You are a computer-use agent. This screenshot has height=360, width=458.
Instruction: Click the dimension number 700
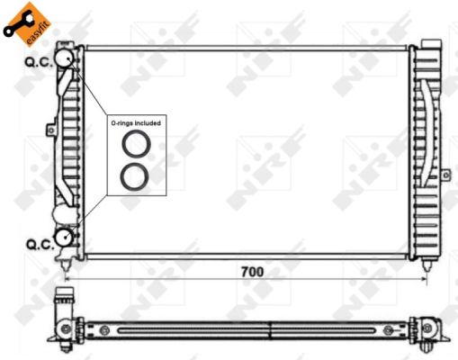coord(253,271)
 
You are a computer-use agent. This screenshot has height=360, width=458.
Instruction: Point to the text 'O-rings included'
coord(136,122)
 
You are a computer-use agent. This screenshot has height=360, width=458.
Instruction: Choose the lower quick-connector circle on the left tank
coord(65,238)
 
